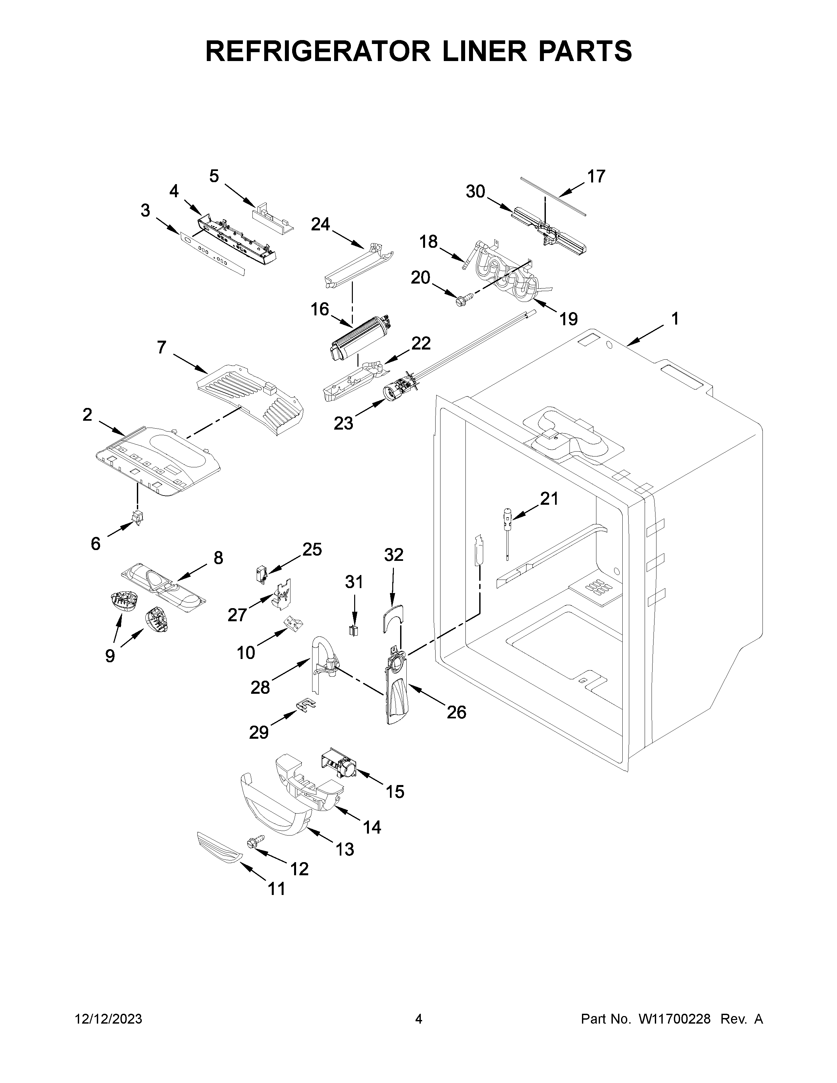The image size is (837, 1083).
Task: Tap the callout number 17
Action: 596,177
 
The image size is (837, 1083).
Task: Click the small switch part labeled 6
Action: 137,517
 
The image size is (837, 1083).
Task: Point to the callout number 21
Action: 549,499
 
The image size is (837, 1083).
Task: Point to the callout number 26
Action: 456,712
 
